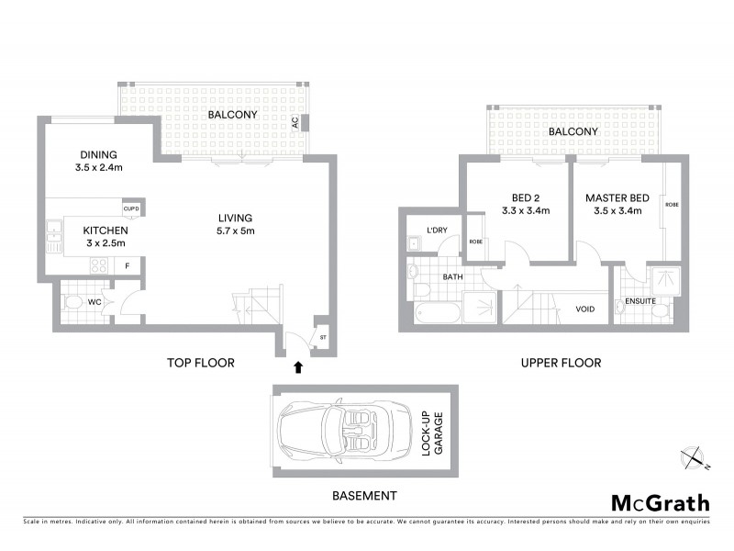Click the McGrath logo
coord(660,502)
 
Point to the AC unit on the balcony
coord(295,122)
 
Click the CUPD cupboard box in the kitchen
coord(131,209)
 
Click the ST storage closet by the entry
coord(322,337)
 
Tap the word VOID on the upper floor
coord(584,309)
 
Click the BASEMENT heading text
coord(365,496)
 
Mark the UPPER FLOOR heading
coord(561,363)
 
